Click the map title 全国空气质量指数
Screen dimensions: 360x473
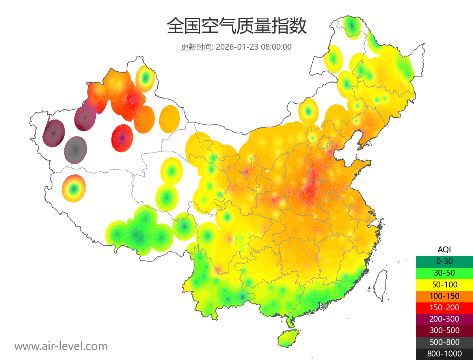pos(236,26)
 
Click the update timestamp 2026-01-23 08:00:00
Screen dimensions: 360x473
pos(254,47)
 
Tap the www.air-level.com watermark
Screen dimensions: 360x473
pos(61,346)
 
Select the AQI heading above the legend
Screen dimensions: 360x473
pos(444,249)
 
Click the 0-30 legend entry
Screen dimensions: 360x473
pos(444,261)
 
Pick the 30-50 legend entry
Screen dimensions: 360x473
pos(444,272)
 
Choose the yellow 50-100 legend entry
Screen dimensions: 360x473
pos(444,284)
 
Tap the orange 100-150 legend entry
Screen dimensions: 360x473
pos(444,296)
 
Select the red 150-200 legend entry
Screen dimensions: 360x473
pos(444,307)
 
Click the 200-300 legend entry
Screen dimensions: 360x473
pos(444,319)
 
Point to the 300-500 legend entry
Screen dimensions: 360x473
pos(444,330)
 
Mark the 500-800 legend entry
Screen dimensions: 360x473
pos(444,342)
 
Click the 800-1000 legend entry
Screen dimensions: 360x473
pos(444,354)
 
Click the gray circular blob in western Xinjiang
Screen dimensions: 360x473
pos(76,150)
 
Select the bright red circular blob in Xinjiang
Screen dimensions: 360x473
pos(122,138)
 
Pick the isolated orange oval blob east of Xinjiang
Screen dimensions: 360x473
pos(169,118)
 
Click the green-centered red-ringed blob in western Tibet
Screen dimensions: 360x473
pos(73,188)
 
